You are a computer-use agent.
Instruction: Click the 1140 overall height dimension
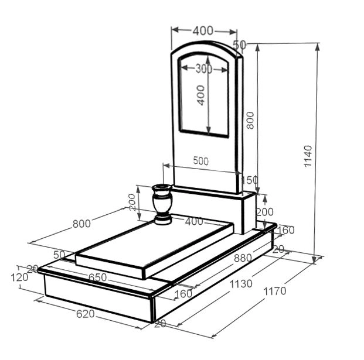pyautogui.click(x=308, y=156)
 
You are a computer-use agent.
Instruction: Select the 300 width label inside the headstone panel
pyautogui.click(x=203, y=69)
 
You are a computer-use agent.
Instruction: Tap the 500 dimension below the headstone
pyautogui.click(x=201, y=161)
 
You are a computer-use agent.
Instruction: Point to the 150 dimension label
pyautogui.click(x=250, y=180)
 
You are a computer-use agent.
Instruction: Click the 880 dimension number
pyautogui.click(x=243, y=258)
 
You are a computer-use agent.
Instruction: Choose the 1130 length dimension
pyautogui.click(x=241, y=284)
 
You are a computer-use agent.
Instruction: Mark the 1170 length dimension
pyautogui.click(x=275, y=291)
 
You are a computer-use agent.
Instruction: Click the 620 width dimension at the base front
pyautogui.click(x=86, y=314)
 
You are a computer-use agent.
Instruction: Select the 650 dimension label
pyautogui.click(x=97, y=277)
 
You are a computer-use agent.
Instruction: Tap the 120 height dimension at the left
pyautogui.click(x=19, y=277)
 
